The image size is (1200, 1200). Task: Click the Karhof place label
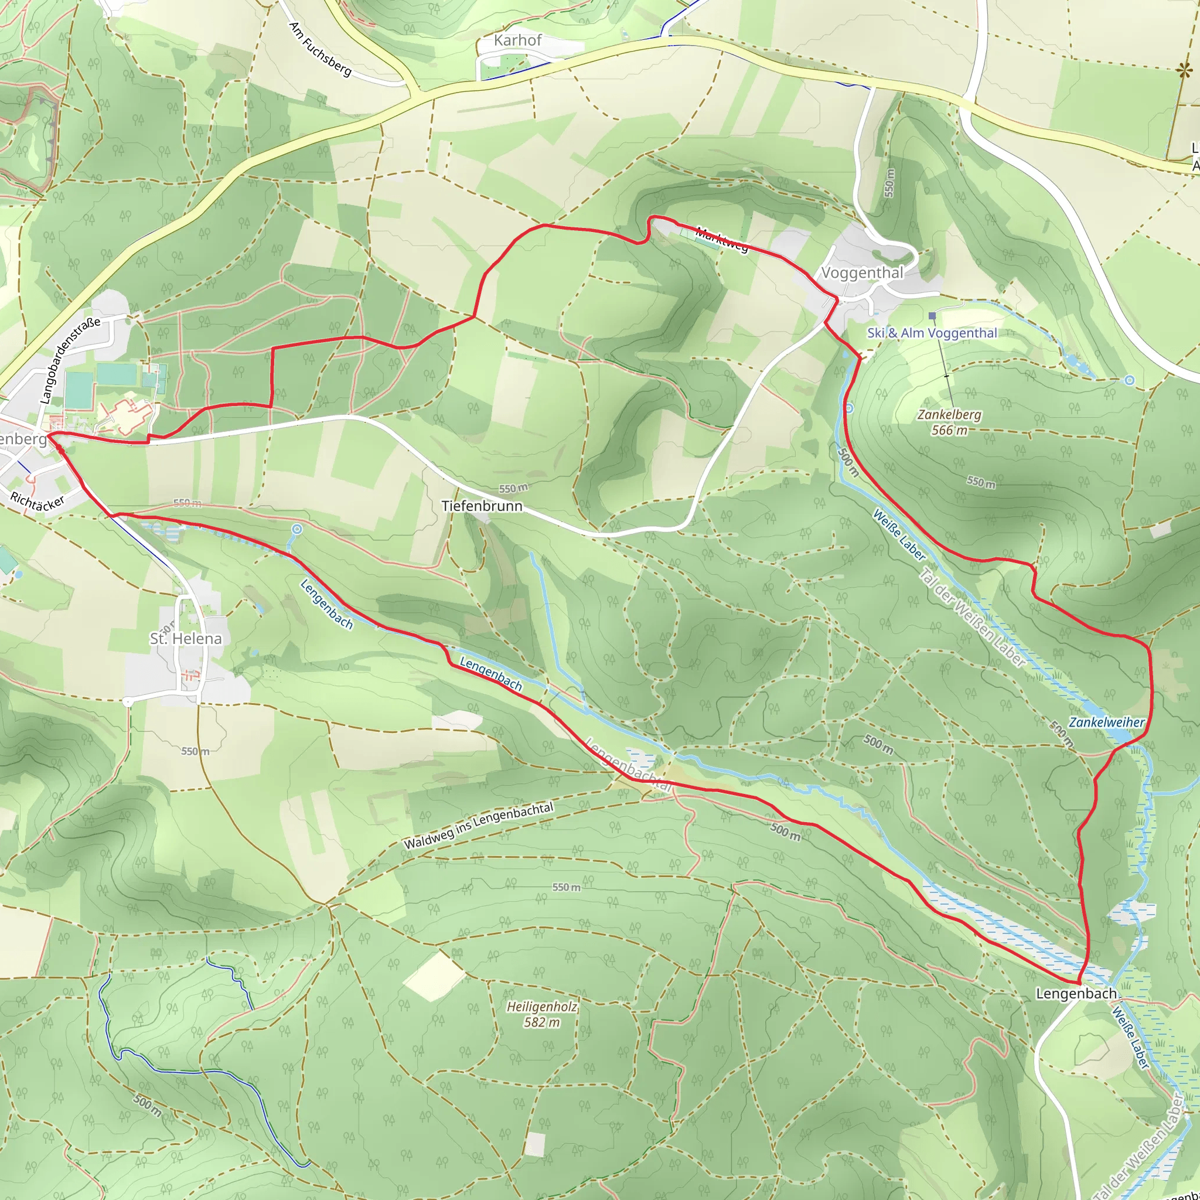(517, 40)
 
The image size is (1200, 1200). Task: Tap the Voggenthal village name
(862, 272)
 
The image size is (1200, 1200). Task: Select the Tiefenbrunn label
(482, 506)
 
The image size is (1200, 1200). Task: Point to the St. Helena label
(185, 639)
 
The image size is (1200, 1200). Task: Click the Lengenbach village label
(1076, 993)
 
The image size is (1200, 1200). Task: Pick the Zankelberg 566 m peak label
(949, 422)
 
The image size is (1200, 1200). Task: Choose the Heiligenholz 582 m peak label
(541, 1014)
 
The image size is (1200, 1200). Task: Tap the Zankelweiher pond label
(1106, 722)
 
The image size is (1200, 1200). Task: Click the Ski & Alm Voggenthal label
(932, 333)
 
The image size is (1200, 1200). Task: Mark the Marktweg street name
(721, 240)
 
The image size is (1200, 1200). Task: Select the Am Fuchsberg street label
(321, 50)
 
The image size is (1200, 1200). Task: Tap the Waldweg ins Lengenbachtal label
(478, 827)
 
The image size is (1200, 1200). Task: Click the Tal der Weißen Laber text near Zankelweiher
(971, 618)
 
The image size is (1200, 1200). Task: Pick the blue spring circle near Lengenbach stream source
(297, 529)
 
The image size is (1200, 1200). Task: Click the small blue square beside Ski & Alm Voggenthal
(932, 316)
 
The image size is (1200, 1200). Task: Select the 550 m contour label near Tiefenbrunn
(513, 488)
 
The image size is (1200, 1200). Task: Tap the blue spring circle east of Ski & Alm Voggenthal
(1129, 380)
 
